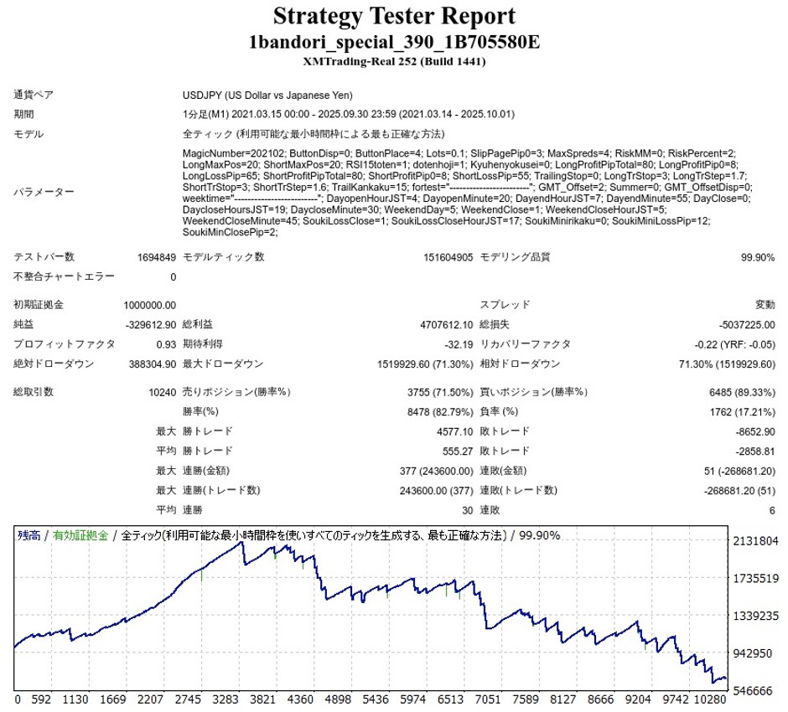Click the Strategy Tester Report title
(x=394, y=17)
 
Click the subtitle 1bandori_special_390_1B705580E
(x=394, y=43)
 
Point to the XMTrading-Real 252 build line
(x=394, y=61)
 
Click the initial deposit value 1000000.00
(x=148, y=305)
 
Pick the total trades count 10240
(x=160, y=392)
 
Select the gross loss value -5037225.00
(x=746, y=324)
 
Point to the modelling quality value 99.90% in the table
(x=758, y=257)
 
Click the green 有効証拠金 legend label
(x=80, y=535)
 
